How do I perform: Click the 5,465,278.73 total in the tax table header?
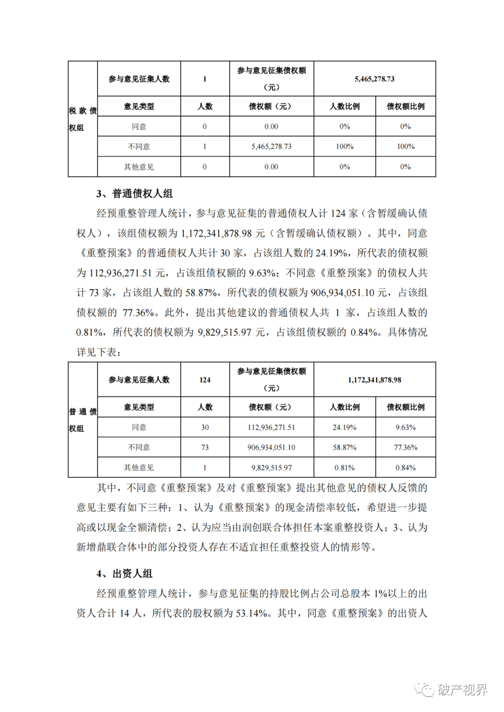(374, 79)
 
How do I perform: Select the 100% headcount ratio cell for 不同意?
(344, 147)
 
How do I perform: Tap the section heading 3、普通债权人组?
(134, 194)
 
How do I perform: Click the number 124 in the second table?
(205, 380)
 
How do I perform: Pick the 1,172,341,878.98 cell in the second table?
(374, 380)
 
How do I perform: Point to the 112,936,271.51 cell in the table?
(271, 427)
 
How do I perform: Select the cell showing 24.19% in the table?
(344, 427)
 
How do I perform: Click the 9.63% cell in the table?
(406, 427)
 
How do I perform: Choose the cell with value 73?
(205, 447)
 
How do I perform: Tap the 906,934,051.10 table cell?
(271, 447)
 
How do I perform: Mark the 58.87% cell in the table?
(344, 447)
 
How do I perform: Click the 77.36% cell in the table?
(406, 447)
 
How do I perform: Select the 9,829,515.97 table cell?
(271, 468)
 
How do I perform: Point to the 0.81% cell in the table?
(344, 468)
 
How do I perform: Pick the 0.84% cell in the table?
(406, 468)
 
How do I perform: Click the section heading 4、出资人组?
(125, 573)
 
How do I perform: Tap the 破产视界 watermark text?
(462, 690)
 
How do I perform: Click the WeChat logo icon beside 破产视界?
(425, 689)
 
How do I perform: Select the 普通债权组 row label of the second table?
(83, 420)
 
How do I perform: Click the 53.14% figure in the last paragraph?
(252, 613)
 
